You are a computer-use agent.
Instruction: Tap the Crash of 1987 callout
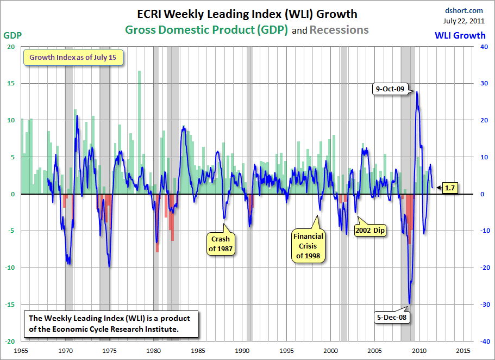(x=220, y=244)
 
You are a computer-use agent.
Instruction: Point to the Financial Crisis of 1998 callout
(x=308, y=246)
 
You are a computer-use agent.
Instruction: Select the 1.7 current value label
(x=449, y=188)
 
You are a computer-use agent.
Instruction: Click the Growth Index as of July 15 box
(x=73, y=57)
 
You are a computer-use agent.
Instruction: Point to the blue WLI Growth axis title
(x=460, y=35)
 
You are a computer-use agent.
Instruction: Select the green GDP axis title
(x=11, y=35)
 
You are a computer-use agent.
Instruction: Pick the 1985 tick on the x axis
(x=198, y=350)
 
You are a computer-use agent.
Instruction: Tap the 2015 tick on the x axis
(x=463, y=350)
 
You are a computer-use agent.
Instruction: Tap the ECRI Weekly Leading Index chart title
(x=248, y=13)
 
